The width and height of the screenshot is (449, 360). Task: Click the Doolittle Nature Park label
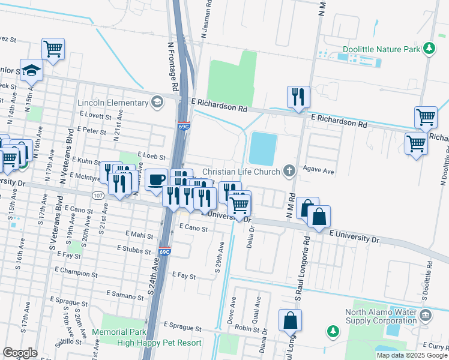(381, 49)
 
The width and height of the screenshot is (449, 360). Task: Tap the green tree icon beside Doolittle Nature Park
(429, 48)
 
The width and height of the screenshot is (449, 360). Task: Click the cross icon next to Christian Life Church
(289, 171)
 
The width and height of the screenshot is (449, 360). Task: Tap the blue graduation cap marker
(32, 70)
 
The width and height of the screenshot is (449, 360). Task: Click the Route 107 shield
(98, 196)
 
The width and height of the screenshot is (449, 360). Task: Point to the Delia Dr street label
(250, 235)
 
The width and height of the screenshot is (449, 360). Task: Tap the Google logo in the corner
(20, 353)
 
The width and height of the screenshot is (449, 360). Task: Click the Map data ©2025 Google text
(411, 355)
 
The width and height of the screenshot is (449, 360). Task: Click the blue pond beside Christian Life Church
(262, 148)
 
